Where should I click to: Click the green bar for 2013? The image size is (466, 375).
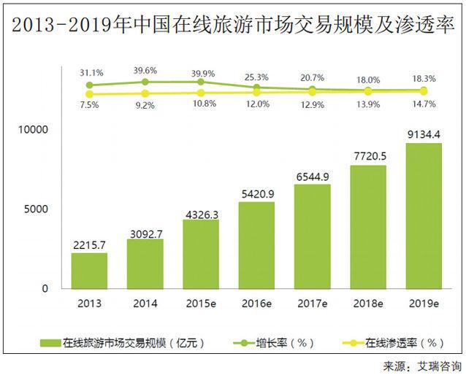point(89,271)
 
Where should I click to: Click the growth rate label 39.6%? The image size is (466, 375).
point(145,70)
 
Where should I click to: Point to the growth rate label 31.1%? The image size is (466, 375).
point(90,73)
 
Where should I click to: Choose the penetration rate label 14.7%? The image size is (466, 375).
point(423,104)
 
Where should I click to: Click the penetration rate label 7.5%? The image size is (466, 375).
point(90,104)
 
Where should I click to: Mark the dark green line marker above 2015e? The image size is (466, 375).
point(201,82)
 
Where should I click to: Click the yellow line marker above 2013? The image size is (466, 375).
point(89,94)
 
